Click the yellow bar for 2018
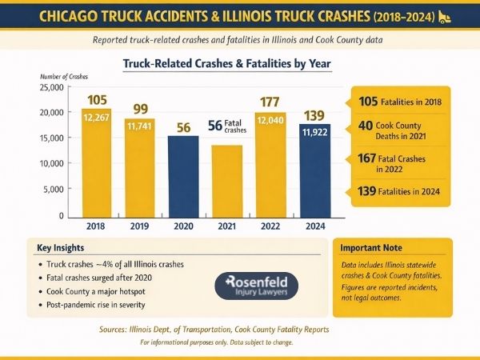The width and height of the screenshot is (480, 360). point(97,160)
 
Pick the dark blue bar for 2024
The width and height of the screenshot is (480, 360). point(314,168)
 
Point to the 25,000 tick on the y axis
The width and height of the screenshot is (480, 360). point(50,86)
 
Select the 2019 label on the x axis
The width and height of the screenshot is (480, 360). point(139,226)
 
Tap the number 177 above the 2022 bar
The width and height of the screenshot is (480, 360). point(270,102)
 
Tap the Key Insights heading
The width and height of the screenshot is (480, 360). point(61,248)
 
